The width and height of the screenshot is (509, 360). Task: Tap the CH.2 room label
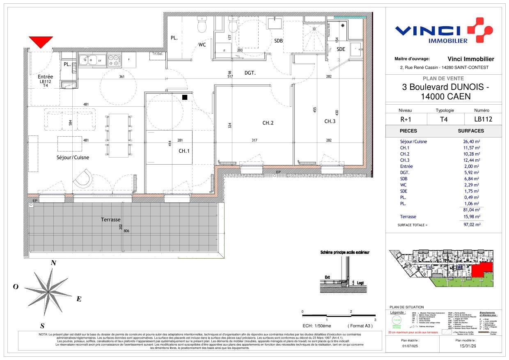(268, 123)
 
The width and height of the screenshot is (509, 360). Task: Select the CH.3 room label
(330, 121)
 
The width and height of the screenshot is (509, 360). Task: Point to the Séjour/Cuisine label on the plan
(73, 157)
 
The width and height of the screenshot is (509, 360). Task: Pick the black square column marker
(185, 97)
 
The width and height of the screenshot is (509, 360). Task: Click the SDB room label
(279, 41)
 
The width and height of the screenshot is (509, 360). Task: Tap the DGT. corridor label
(250, 73)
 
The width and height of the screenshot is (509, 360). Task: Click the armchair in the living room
(83, 179)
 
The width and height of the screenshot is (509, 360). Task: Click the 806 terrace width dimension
(126, 231)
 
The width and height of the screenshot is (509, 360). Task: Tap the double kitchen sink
(89, 61)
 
